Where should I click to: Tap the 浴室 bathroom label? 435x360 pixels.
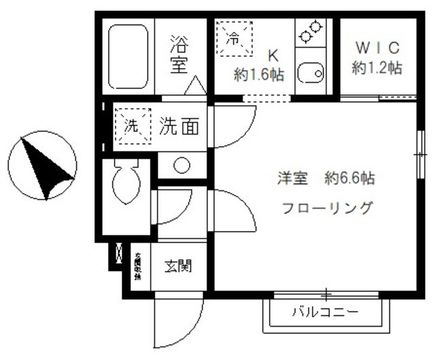179,56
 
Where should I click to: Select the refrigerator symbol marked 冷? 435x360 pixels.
234,39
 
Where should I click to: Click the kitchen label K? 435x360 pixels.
272,55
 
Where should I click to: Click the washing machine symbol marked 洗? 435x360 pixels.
132,125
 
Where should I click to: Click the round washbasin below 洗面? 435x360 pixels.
181,165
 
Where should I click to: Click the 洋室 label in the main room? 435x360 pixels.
293,179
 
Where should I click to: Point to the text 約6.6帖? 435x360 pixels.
349,179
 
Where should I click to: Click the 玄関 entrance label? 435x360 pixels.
177,266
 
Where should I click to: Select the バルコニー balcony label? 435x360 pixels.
326,314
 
